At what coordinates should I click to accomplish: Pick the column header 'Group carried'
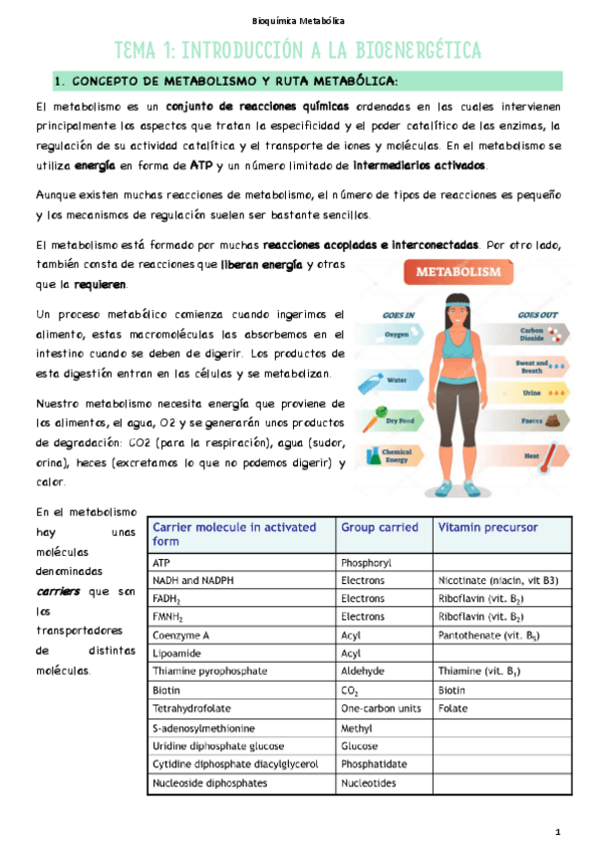coord(378,527)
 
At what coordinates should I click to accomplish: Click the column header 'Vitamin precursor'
coord(485,527)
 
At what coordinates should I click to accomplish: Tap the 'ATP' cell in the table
coord(161,562)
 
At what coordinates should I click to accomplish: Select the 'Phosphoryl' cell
coord(368,562)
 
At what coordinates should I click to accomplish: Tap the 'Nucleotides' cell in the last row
coord(369,782)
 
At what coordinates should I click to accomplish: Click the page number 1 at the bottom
coord(558,831)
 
